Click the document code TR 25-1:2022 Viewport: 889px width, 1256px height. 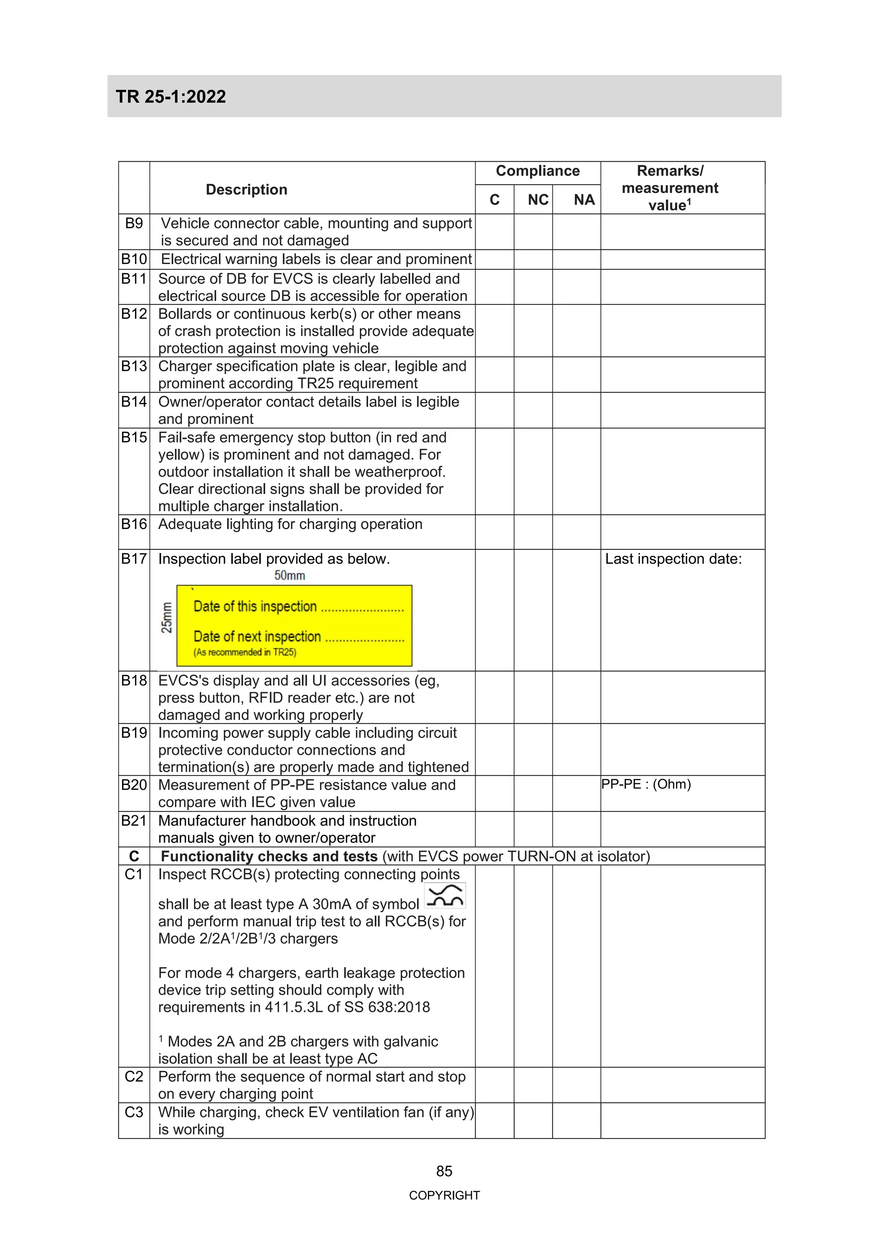click(171, 97)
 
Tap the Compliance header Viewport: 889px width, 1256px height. click(537, 171)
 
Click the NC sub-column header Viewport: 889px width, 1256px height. click(537, 200)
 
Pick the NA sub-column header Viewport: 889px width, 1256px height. click(584, 200)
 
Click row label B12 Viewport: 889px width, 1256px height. click(134, 314)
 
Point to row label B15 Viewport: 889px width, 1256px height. click(134, 438)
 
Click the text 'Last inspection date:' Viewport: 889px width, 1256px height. click(673, 559)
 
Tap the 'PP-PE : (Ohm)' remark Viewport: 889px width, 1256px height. click(646, 785)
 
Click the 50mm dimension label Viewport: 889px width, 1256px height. click(290, 576)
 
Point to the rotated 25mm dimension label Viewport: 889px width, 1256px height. click(166, 618)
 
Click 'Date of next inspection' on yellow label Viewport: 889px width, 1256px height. click(257, 637)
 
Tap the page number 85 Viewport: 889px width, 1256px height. click(444, 1171)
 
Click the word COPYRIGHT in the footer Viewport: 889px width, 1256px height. click(444, 1196)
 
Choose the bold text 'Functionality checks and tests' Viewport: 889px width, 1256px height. click(269, 856)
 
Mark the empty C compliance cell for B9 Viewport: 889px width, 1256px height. click(494, 232)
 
